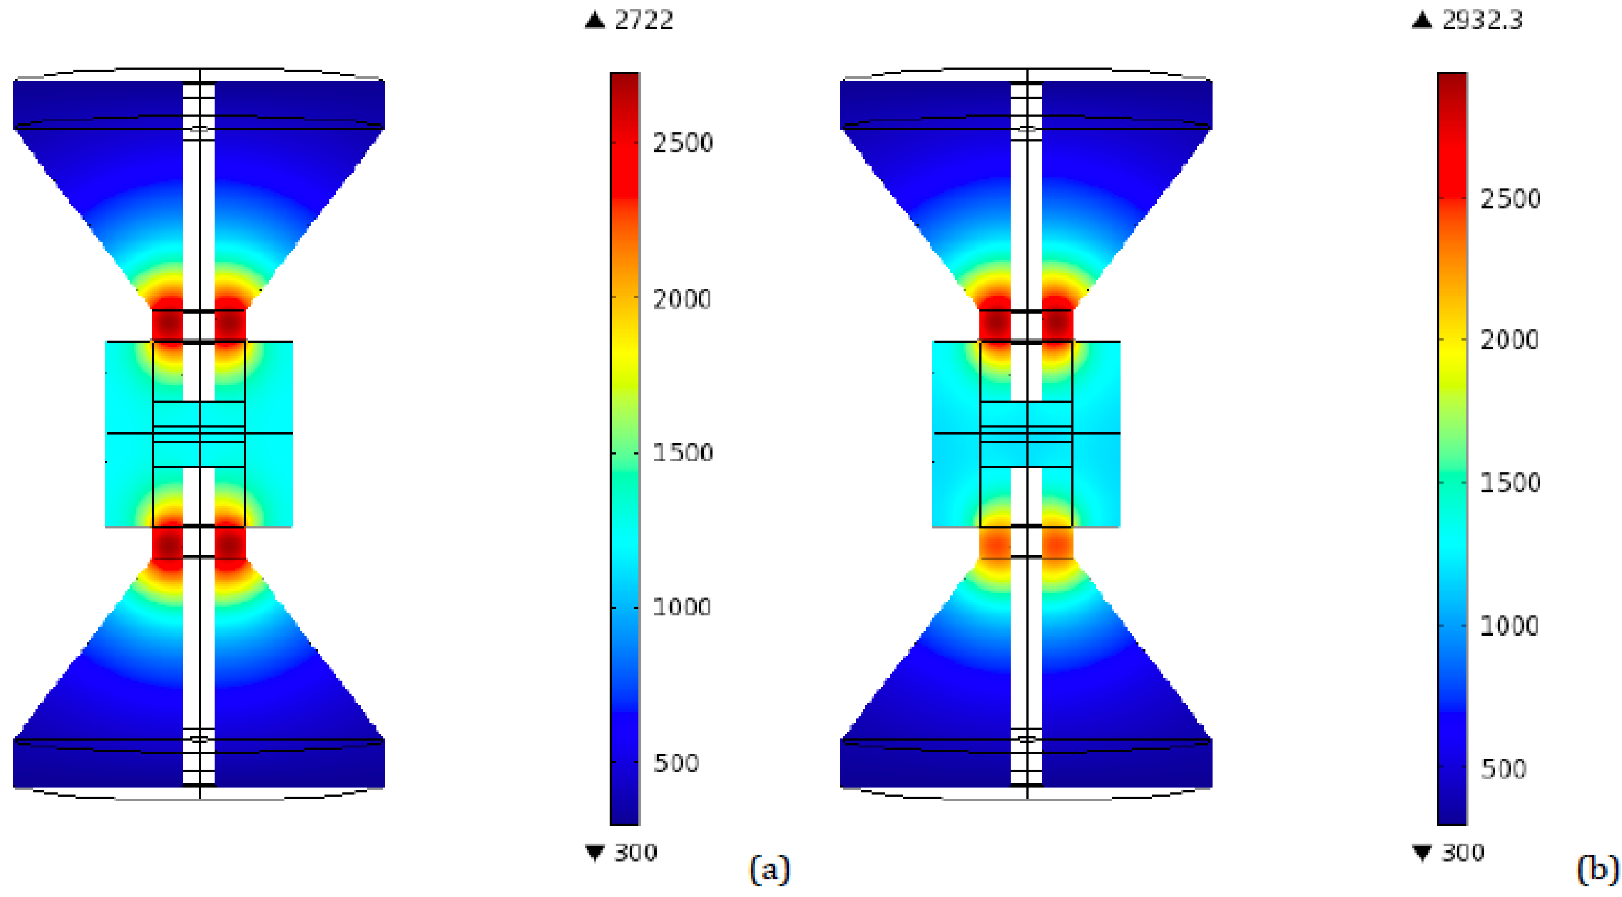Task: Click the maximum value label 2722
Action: click(644, 20)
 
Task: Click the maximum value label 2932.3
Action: click(1482, 20)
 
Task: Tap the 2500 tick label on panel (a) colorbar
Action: click(682, 143)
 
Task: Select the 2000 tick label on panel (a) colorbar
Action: click(682, 299)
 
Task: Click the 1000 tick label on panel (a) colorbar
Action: click(682, 607)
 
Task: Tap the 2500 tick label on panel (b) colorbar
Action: click(1510, 199)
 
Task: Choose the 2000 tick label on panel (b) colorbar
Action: click(1509, 340)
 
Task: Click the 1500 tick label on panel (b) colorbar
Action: click(1510, 483)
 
